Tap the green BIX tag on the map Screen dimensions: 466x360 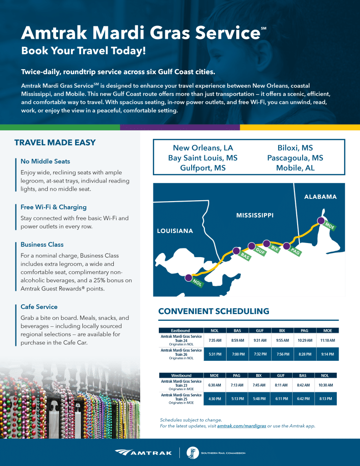pyautogui.click(x=274, y=248)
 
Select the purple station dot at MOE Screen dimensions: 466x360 pyautogui.click(x=321, y=221)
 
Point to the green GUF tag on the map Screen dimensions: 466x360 pyautogui.click(x=260, y=251)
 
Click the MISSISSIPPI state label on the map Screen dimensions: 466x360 pyautogui.click(x=255, y=215)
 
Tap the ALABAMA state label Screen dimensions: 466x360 pyautogui.click(x=320, y=197)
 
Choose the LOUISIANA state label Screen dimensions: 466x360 pyautogui.click(x=175, y=231)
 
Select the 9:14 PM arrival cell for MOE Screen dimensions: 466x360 pyautogui.click(x=327, y=354)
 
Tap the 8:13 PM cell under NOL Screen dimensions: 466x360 pyautogui.click(x=325, y=399)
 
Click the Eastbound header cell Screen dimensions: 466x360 pyautogui.click(x=180, y=330)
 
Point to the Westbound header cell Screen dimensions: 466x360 pyautogui.click(x=181, y=375)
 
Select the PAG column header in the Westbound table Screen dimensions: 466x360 pyautogui.click(x=236, y=375)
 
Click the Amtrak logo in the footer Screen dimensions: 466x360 pyautogui.click(x=143, y=452)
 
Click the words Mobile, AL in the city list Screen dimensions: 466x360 pyautogui.click(x=295, y=167)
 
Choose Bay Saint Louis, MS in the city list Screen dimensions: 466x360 pyautogui.click(x=203, y=158)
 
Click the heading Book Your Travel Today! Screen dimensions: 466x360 pyautogui.click(x=84, y=51)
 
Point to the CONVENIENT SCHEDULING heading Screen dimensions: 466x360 pyautogui.click(x=213, y=312)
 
